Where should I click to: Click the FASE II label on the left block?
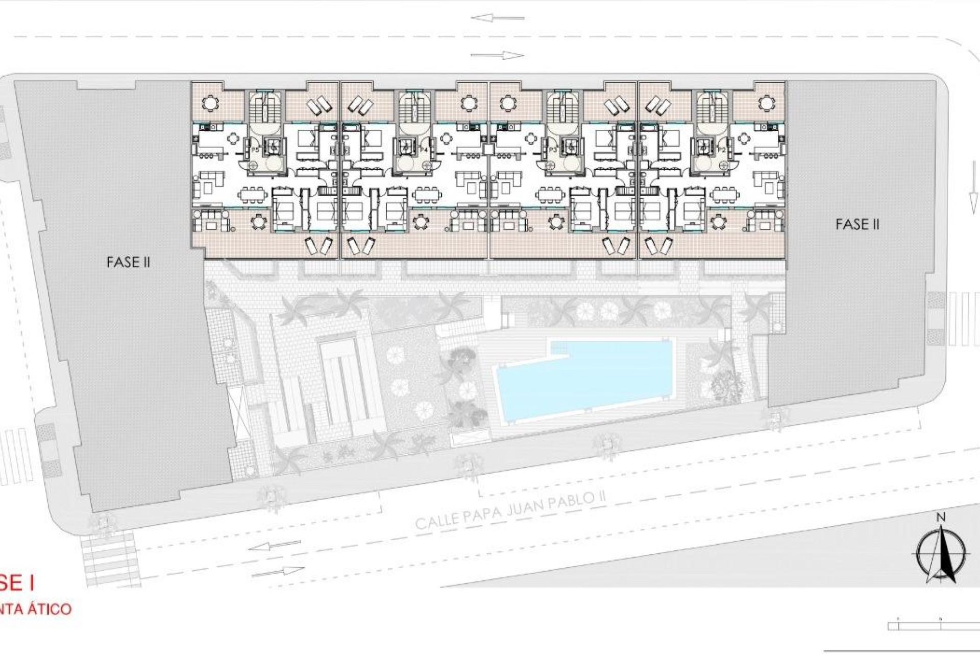tap(128, 262)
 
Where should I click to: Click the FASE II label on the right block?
tap(857, 224)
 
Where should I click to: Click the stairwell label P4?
tap(423, 149)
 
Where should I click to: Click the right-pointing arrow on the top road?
tap(497, 56)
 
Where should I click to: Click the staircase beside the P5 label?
tap(262, 109)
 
